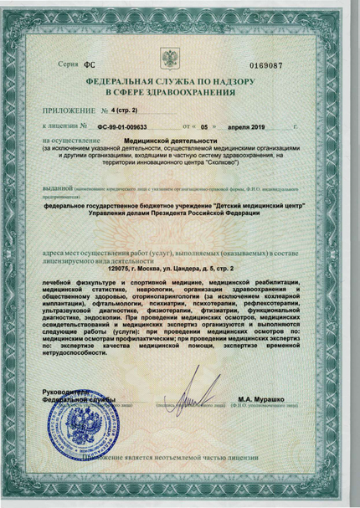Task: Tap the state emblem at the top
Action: click(x=169, y=59)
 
